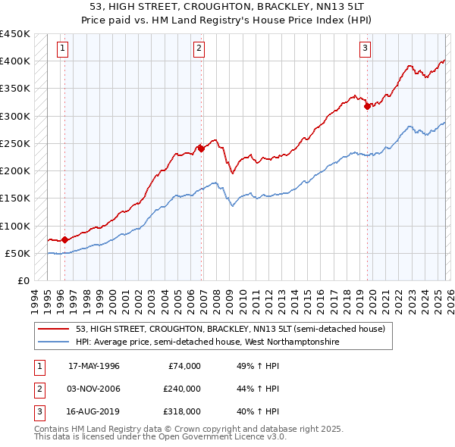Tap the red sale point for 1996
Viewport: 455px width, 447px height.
pyautogui.click(x=64, y=239)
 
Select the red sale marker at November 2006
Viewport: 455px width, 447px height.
pyautogui.click(x=201, y=148)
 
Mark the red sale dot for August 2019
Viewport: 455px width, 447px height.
pyautogui.click(x=368, y=106)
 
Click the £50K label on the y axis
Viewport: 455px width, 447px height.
pyautogui.click(x=18, y=253)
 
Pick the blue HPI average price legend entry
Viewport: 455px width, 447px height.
pyautogui.click(x=207, y=342)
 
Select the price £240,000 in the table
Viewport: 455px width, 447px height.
pyautogui.click(x=181, y=389)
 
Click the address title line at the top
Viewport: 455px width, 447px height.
pyautogui.click(x=227, y=8)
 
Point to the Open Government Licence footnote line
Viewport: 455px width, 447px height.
pyautogui.click(x=160, y=437)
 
